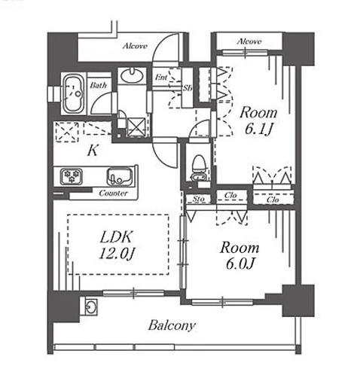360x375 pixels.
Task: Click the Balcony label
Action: (x=172, y=325)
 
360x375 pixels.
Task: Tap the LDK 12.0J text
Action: (x=116, y=245)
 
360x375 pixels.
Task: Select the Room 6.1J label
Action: (x=258, y=121)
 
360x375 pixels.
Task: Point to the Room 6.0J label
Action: (x=239, y=255)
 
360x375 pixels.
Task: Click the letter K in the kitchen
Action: (x=93, y=151)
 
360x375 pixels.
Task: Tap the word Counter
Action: (x=113, y=193)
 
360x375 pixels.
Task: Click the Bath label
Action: (x=99, y=85)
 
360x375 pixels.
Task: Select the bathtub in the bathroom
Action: (x=73, y=93)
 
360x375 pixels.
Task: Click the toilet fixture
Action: (x=200, y=168)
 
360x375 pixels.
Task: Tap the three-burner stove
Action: (x=72, y=176)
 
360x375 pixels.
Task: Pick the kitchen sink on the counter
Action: (x=120, y=176)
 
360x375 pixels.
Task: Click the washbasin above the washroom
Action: (x=132, y=75)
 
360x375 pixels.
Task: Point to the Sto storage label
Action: (x=199, y=199)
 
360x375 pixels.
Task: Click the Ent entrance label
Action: (x=161, y=77)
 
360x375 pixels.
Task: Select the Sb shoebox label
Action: (x=188, y=88)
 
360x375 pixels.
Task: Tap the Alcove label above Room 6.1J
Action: (x=249, y=41)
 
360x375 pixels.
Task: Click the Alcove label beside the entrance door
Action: (x=135, y=46)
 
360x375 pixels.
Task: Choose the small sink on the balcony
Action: (x=90, y=306)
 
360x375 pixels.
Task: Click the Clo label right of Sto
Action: (x=230, y=195)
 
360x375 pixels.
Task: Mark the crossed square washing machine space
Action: (x=136, y=127)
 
